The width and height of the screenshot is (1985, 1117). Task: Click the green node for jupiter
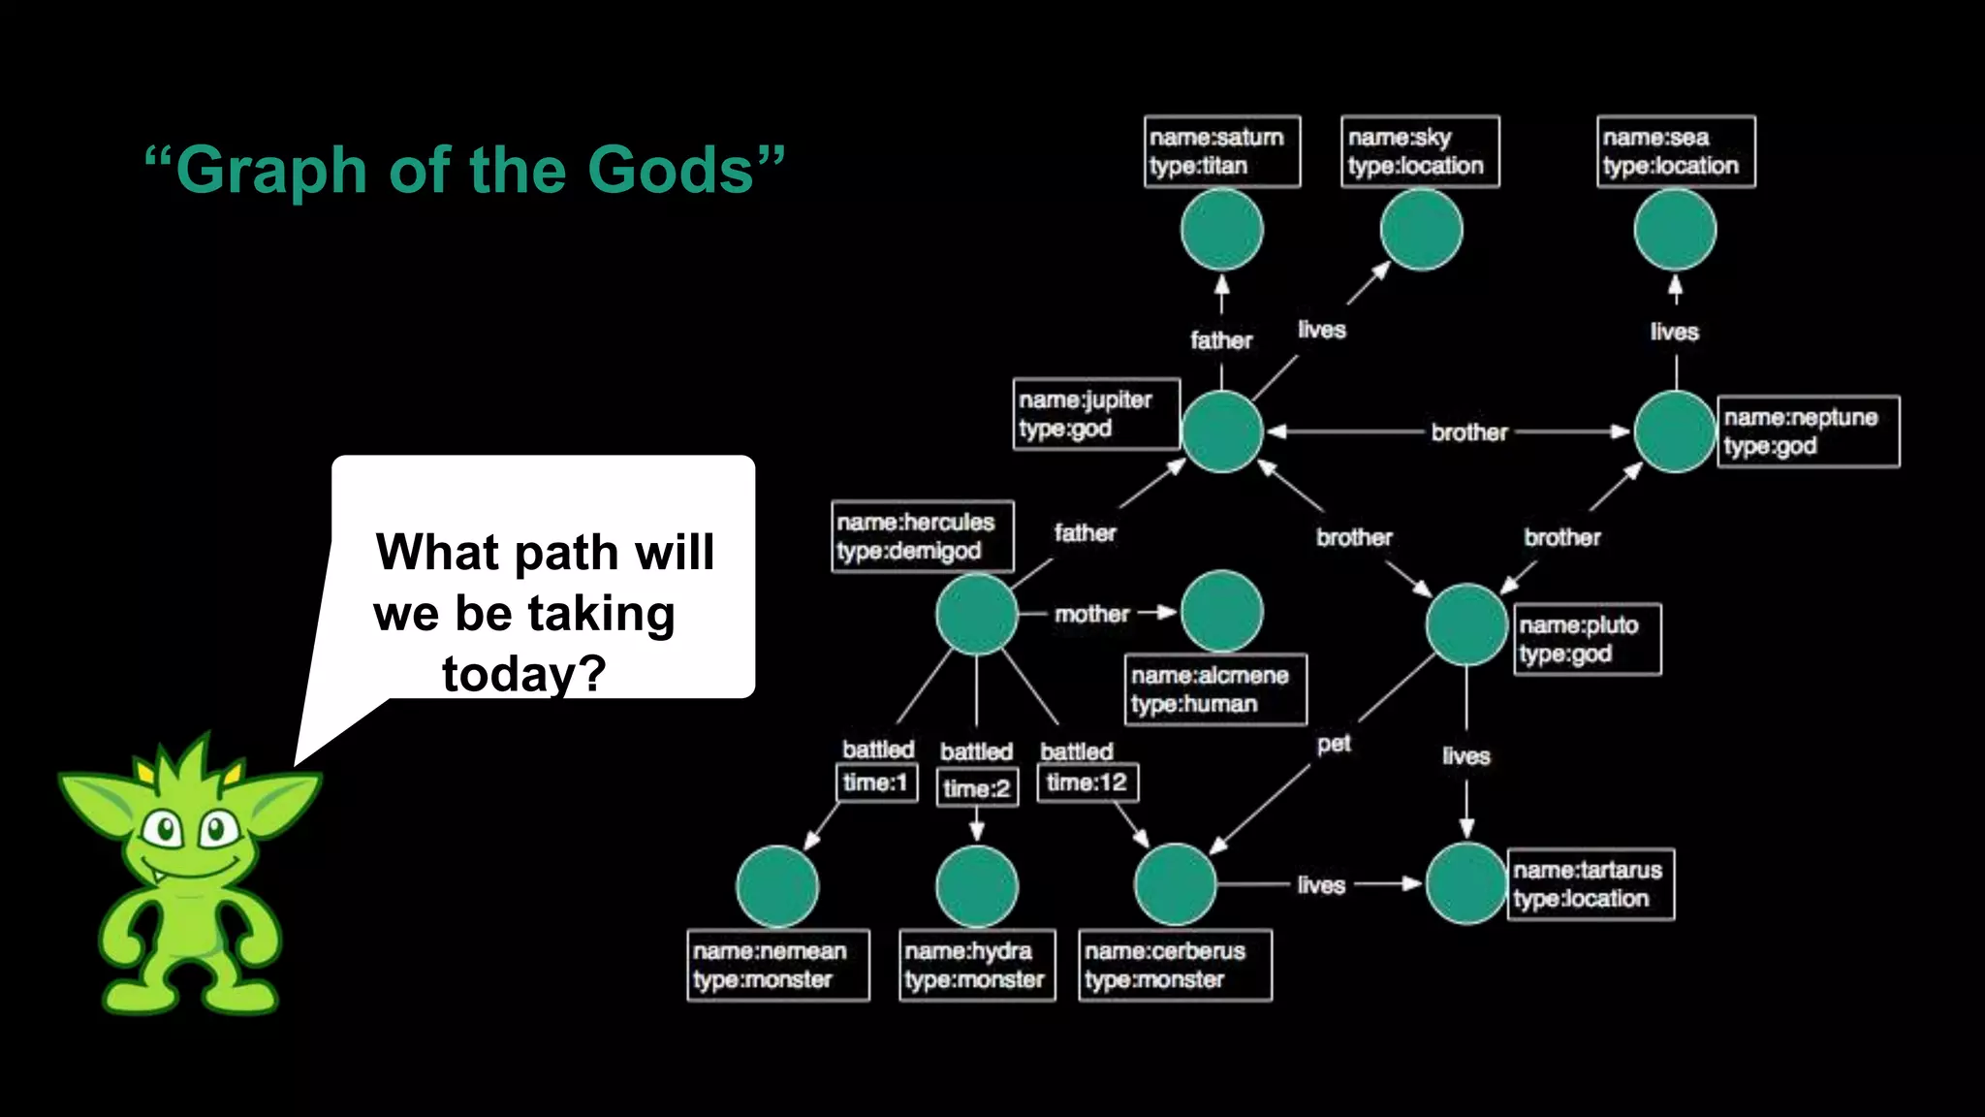[1221, 431]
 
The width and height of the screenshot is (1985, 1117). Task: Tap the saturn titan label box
[1221, 151]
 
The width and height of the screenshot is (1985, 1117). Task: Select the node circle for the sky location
[1421, 230]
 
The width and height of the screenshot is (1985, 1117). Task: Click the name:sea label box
[1675, 151]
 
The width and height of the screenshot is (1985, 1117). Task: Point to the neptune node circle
[1675, 431]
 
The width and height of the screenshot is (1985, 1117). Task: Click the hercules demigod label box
[922, 536]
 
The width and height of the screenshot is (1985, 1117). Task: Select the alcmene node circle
[1221, 612]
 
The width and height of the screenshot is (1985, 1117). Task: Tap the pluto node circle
[1466, 624]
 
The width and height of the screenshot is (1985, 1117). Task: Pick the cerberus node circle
[1175, 884]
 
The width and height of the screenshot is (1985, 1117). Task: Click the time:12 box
[1087, 782]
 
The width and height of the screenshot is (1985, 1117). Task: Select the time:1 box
[875, 782]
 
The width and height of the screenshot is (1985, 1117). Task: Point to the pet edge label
[1334, 744]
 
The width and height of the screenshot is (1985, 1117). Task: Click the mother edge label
[1091, 614]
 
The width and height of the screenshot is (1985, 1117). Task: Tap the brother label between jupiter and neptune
[1468, 432]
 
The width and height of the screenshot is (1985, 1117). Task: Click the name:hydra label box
[976, 965]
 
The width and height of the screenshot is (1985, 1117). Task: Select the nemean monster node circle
[777, 886]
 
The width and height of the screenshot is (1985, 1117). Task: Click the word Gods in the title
[671, 171]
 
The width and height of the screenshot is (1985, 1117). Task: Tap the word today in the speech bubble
[523, 673]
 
